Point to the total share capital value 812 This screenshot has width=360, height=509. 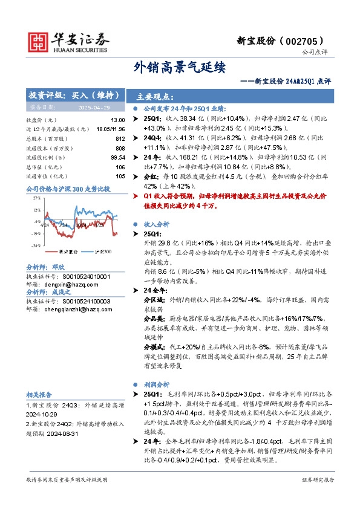[x=120, y=138]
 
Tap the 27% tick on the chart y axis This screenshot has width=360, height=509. [x=36, y=197]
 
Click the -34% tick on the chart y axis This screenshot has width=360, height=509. [x=36, y=246]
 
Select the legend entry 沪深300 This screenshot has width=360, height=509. [x=103, y=251]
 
